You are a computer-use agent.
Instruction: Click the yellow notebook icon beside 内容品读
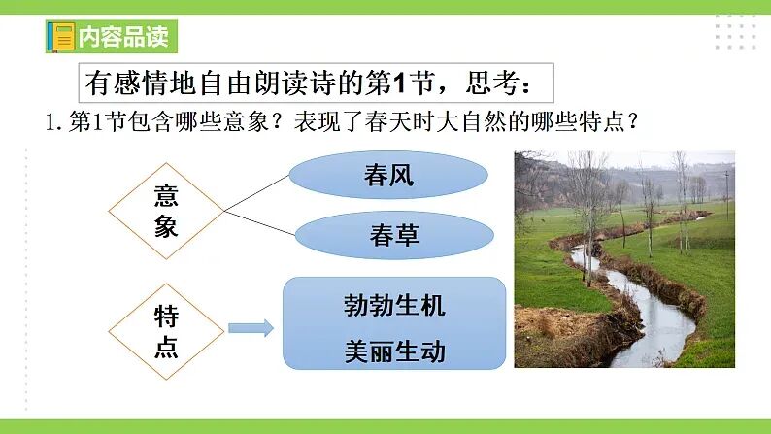tap(62, 37)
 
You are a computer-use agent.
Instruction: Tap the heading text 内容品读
tap(123, 37)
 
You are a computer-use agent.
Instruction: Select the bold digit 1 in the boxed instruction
tap(399, 83)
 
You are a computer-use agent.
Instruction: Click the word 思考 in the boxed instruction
tap(492, 83)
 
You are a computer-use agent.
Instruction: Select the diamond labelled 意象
tap(166, 211)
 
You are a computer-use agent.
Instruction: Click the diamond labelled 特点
tap(166, 331)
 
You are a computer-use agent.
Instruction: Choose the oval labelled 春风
tap(388, 175)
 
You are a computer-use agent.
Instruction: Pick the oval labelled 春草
tap(394, 235)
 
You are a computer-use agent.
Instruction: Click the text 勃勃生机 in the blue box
tap(394, 305)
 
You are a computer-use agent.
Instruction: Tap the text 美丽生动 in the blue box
tap(394, 351)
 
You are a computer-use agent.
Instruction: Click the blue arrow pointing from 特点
tap(251, 328)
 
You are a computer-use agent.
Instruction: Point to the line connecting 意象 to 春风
tap(257, 193)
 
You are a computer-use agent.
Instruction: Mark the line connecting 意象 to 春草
tap(260, 222)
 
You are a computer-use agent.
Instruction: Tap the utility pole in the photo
tap(726, 186)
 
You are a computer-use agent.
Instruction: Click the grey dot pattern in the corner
tap(736, 32)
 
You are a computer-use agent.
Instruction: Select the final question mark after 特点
tap(633, 121)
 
